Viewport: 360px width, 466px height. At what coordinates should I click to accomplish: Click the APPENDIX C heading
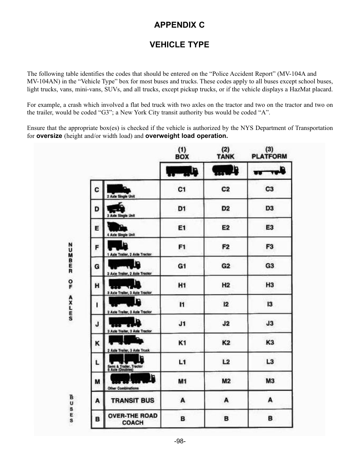(x=179, y=25)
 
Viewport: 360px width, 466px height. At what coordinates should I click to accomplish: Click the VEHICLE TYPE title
(x=179, y=45)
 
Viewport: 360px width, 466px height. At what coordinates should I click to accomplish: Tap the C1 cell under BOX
(x=182, y=189)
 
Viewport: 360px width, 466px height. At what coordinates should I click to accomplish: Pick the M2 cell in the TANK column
(x=226, y=381)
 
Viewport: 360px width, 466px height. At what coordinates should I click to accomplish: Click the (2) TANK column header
(x=225, y=153)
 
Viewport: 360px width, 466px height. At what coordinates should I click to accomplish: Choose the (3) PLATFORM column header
(x=269, y=153)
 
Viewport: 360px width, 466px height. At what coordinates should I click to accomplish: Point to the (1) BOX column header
(x=182, y=153)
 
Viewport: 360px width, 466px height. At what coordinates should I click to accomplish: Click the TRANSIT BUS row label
(x=133, y=400)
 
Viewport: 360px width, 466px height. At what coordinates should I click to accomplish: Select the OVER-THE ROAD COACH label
(x=133, y=419)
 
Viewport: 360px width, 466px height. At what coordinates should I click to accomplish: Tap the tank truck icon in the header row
(x=225, y=170)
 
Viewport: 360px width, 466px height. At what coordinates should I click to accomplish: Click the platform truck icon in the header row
(x=269, y=172)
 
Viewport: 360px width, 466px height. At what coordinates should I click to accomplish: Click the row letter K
(x=97, y=343)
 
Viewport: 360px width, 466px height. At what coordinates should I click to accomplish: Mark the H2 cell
(x=226, y=285)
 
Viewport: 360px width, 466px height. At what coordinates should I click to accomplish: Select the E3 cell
(x=269, y=227)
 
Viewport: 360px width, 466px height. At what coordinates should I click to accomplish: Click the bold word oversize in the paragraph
(x=49, y=136)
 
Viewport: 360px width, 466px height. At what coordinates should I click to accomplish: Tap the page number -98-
(x=180, y=441)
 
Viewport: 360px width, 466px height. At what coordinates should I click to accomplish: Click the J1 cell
(x=182, y=323)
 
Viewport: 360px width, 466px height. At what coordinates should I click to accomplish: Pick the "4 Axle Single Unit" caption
(x=121, y=235)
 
